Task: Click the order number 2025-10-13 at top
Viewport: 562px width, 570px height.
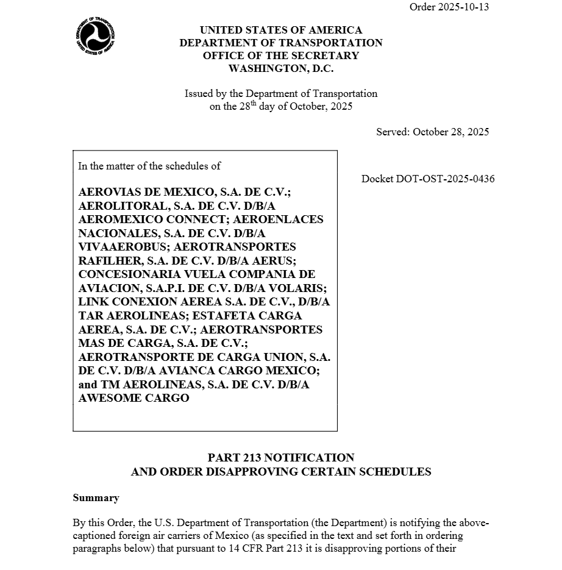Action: coord(449,7)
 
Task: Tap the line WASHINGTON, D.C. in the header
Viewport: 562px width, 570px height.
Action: coord(281,69)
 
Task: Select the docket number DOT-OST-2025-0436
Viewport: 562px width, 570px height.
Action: coord(428,179)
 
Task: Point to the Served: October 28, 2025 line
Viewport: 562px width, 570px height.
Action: coord(432,132)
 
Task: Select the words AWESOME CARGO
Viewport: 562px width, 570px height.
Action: coord(133,398)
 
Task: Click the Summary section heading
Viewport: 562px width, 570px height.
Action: coord(96,498)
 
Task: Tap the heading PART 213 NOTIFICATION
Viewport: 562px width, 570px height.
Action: coord(281,457)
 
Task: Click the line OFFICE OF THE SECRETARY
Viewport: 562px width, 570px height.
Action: coord(281,55)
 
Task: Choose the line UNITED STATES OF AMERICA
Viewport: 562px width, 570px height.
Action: coord(281,30)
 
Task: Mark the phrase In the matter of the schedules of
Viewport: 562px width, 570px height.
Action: coord(149,166)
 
